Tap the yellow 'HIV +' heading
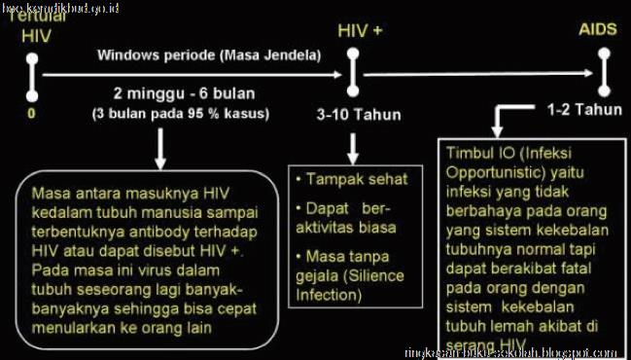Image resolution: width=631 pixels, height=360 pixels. pyautogui.click(x=360, y=30)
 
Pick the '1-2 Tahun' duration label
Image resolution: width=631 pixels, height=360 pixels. pyautogui.click(x=583, y=109)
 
